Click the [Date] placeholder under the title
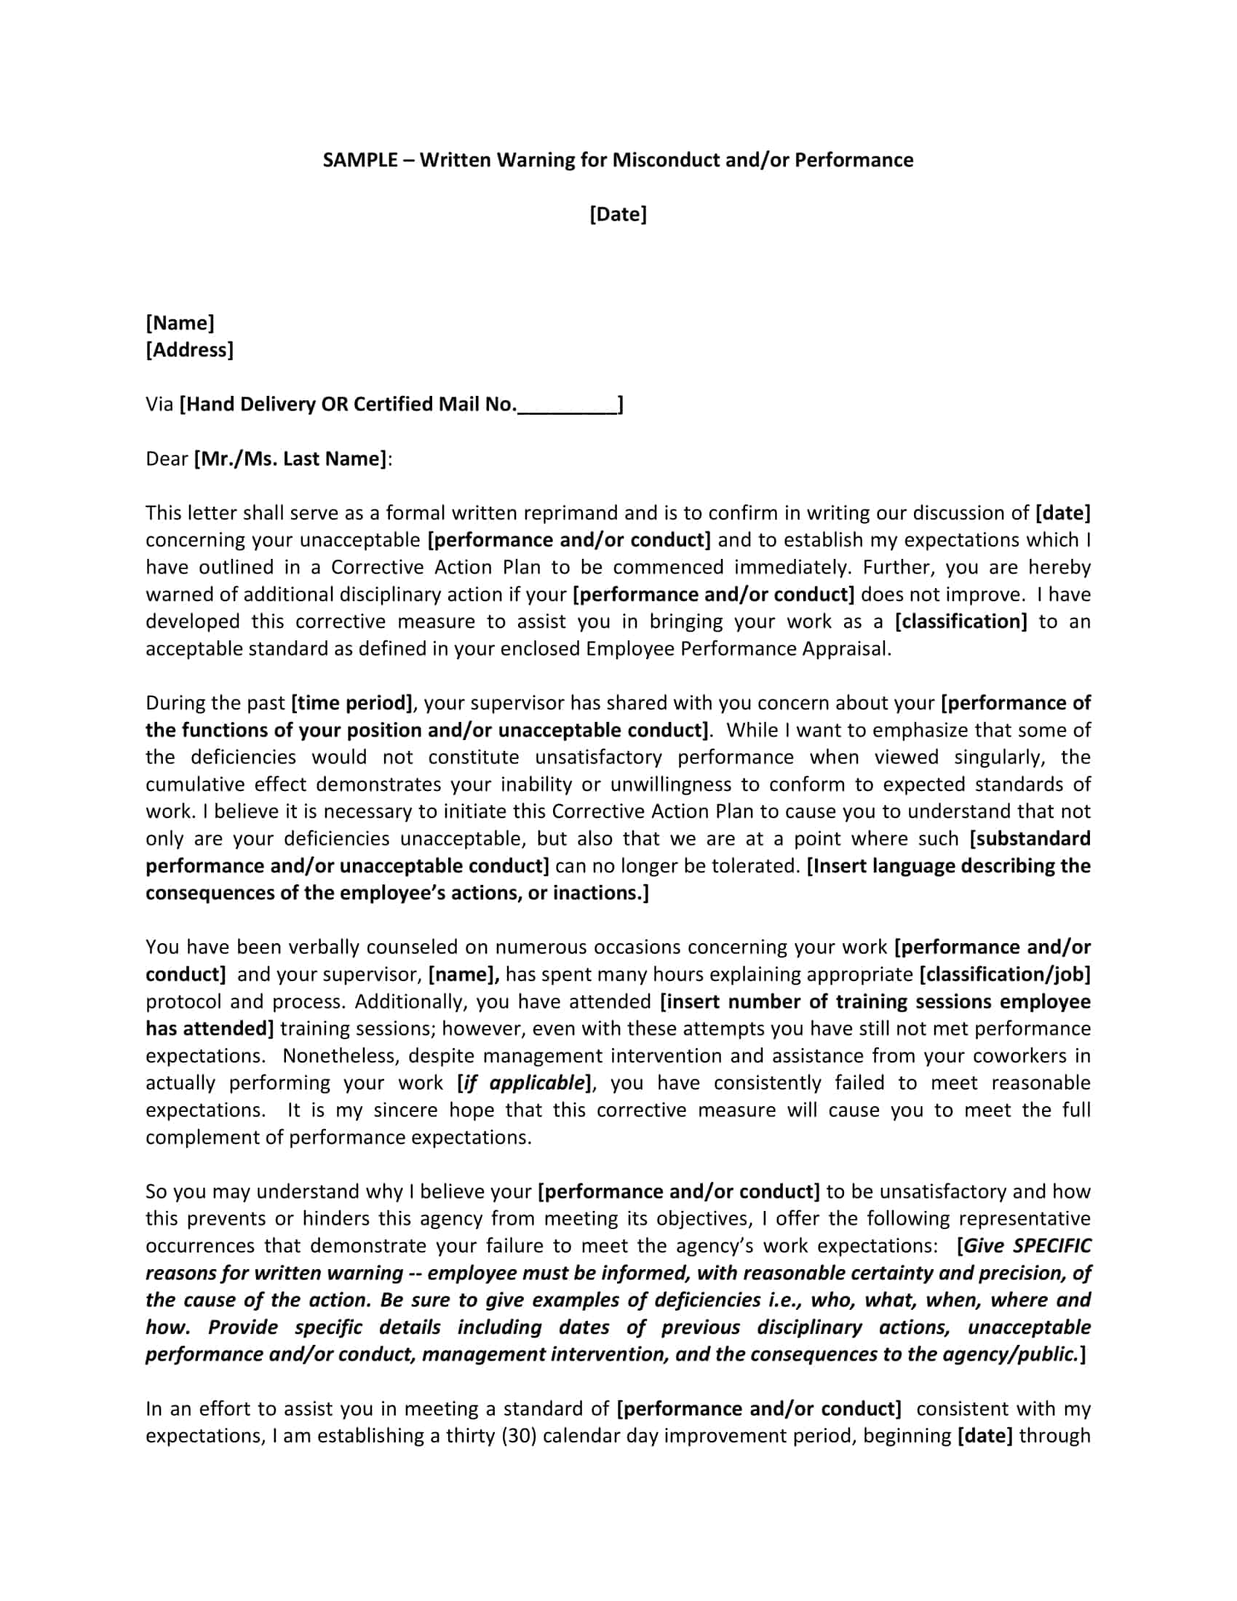(618, 214)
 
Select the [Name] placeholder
(180, 322)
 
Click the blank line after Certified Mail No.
(568, 405)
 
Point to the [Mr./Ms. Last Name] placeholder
(290, 459)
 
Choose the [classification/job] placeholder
(1005, 974)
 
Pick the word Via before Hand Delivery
(159, 405)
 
